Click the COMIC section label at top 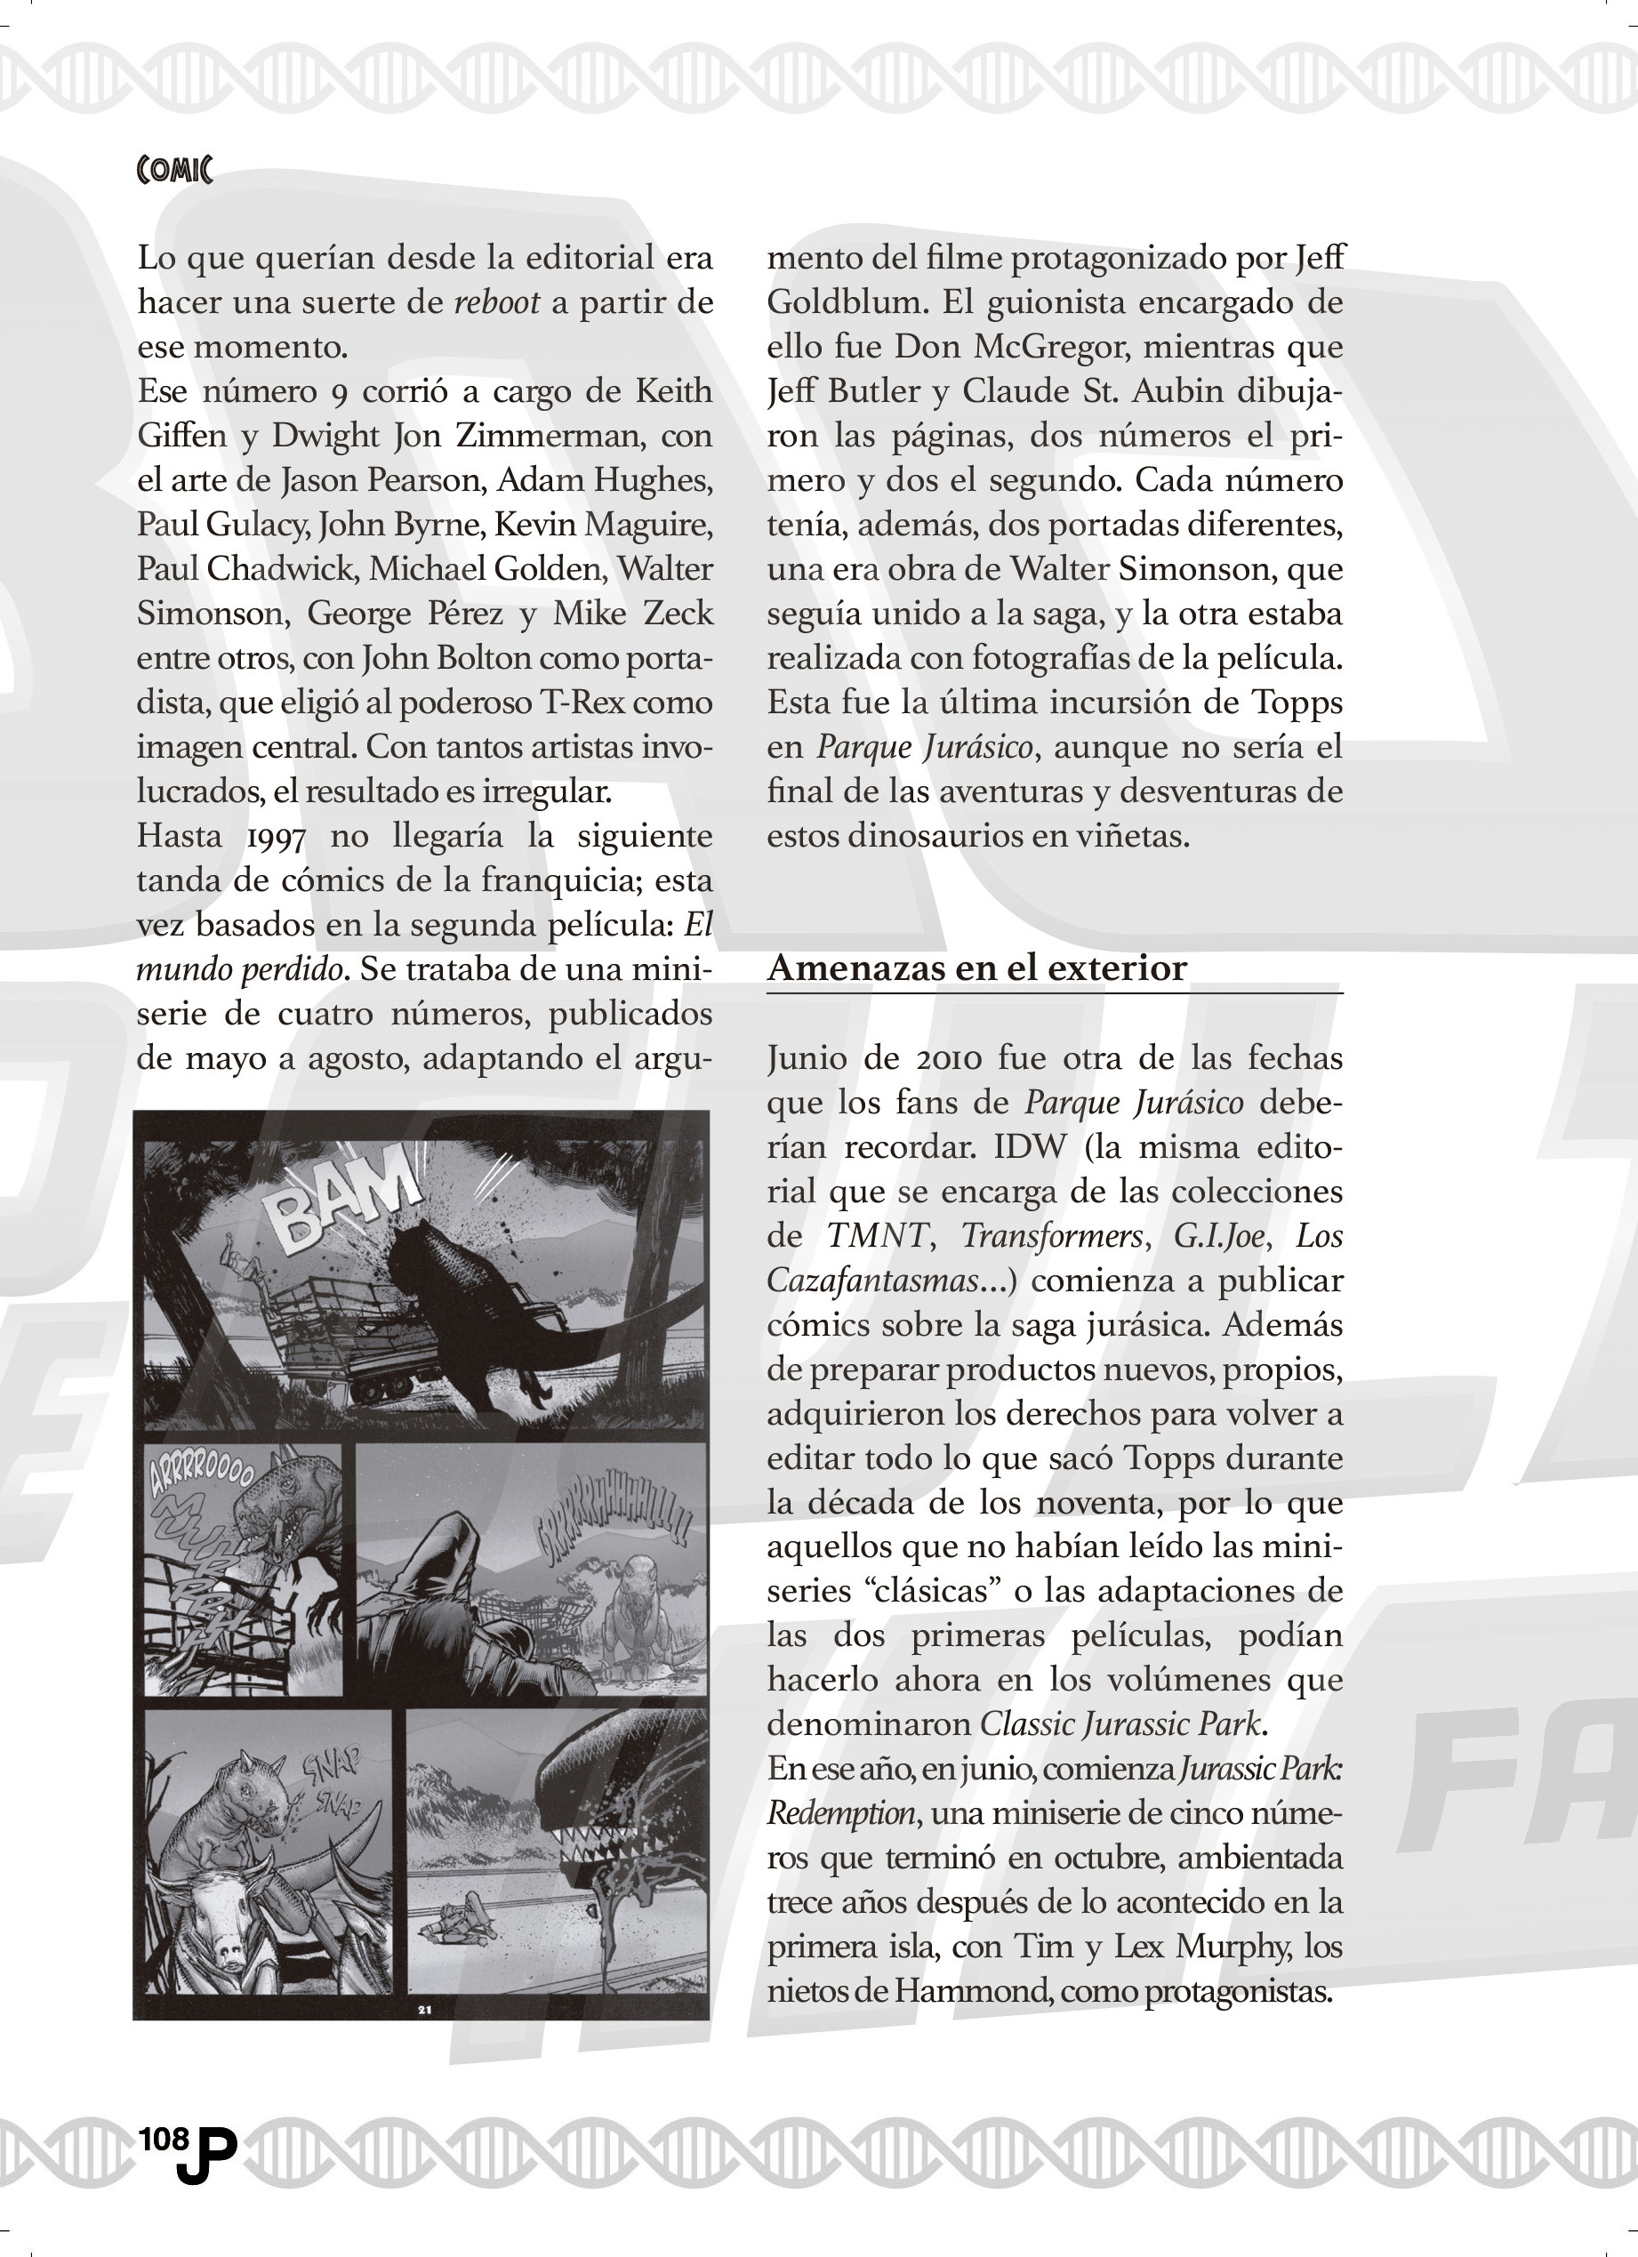174,170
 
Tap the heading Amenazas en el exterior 976,968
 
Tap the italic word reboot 496,302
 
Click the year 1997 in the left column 276,837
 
